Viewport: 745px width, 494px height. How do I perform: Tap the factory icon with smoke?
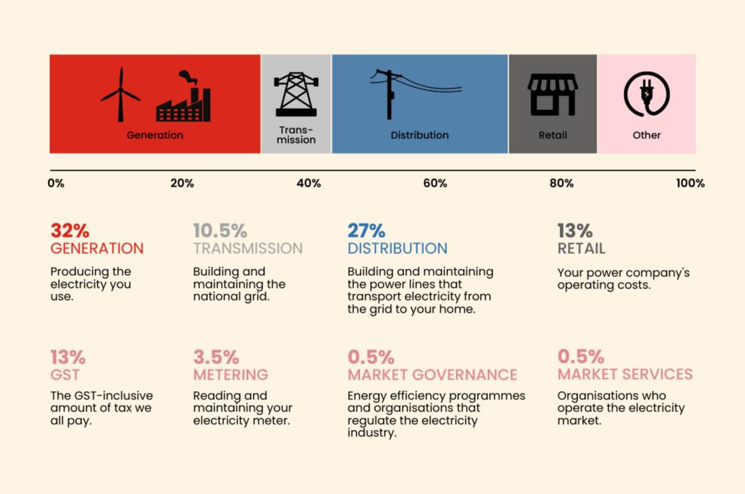pos(184,98)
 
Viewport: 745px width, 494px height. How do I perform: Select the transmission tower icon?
pos(296,94)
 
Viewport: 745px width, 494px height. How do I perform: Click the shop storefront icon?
pos(552,94)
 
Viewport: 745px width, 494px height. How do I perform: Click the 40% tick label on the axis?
pos(308,184)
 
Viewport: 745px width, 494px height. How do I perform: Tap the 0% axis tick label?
pos(56,184)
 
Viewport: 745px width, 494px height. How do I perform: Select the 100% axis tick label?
pos(690,184)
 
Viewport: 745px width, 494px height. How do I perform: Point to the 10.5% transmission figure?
pos(220,232)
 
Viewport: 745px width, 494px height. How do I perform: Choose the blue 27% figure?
pos(366,232)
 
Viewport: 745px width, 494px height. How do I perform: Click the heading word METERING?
pos(230,375)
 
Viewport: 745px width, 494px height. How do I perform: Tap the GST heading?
pos(65,375)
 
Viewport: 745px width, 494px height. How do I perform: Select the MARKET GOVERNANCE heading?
pos(432,375)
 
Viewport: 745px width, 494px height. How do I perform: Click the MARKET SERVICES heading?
pos(625,375)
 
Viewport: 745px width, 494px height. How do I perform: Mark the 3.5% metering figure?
pos(212,358)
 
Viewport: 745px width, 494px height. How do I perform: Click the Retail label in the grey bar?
pos(552,136)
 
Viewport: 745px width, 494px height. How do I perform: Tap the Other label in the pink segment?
pos(646,136)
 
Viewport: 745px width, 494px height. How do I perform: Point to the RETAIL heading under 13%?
pos(581,249)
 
